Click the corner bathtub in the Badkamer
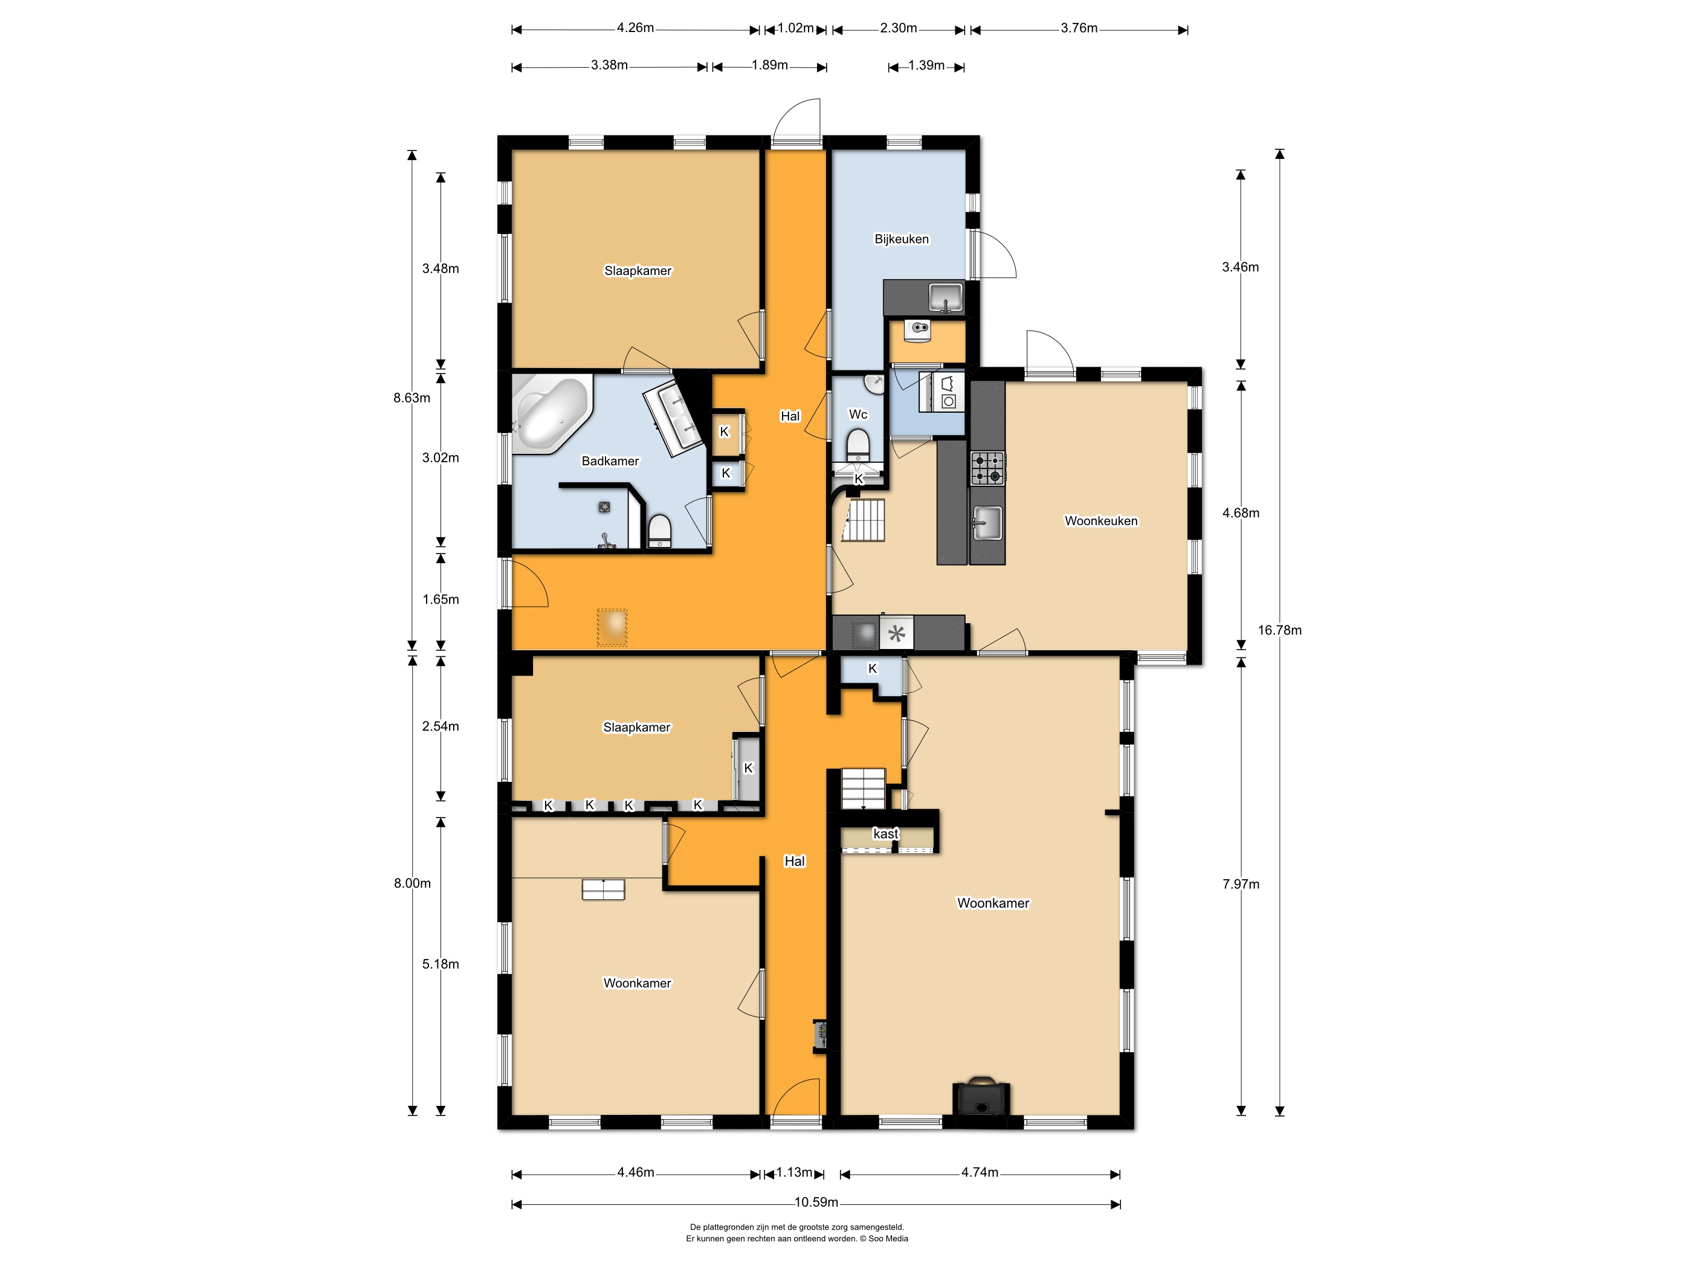[551, 413]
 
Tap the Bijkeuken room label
[902, 239]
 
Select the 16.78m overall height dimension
[1280, 630]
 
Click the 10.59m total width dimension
[816, 1203]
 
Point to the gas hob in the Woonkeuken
[987, 469]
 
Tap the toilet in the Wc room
[858, 444]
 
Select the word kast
[886, 834]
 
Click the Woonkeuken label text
[1102, 521]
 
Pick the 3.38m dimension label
[610, 66]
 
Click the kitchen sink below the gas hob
[987, 523]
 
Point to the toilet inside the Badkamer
[659, 531]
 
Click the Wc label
[858, 415]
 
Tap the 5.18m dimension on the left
[441, 964]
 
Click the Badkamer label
[610, 461]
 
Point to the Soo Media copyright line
[796, 1238]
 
